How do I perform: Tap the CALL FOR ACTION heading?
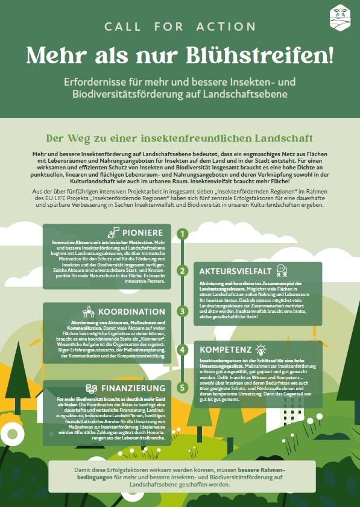pyautogui.click(x=180, y=27)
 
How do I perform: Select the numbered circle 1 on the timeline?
pyautogui.click(x=183, y=234)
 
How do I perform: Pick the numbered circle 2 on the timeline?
pyautogui.click(x=183, y=271)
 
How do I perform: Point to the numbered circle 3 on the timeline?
pyautogui.click(x=183, y=311)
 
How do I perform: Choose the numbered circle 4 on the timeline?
pyautogui.click(x=183, y=350)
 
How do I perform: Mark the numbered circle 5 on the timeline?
pyautogui.click(x=183, y=388)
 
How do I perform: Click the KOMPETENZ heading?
pyautogui.click(x=227, y=350)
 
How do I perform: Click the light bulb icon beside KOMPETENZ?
pyautogui.click(x=261, y=349)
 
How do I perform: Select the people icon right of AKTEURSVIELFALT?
pyautogui.click(x=282, y=270)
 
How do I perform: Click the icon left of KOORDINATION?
pyautogui.click(x=88, y=311)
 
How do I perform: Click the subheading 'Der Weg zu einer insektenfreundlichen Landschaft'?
pyautogui.click(x=179, y=137)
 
